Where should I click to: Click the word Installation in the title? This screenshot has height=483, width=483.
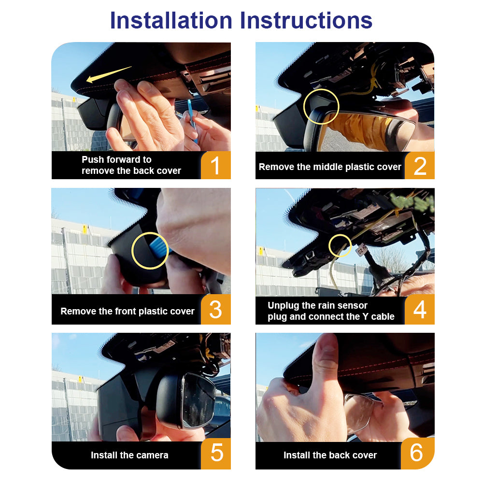point(171,21)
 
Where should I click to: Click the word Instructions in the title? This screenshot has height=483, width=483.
point(306,21)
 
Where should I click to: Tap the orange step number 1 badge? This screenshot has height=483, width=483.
point(215,165)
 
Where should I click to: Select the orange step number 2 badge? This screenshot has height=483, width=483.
point(420,165)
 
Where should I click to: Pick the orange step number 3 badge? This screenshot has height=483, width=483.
point(215,309)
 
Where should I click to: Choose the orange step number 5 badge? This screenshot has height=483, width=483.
point(215,454)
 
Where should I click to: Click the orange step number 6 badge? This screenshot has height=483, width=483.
point(417,453)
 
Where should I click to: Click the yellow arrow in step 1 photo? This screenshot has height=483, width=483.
point(109,74)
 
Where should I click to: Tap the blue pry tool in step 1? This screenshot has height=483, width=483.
point(192,120)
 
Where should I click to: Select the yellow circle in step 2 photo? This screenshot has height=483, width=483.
point(304,107)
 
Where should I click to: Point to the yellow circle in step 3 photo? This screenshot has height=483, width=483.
point(132,250)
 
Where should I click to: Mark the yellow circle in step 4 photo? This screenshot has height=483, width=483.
point(329,245)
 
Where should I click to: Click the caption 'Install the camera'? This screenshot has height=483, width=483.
point(129,455)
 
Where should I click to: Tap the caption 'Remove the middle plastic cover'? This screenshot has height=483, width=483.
point(330,167)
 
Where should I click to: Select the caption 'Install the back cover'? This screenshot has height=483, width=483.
point(330,455)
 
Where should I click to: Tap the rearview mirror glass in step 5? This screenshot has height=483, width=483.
point(199,400)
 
